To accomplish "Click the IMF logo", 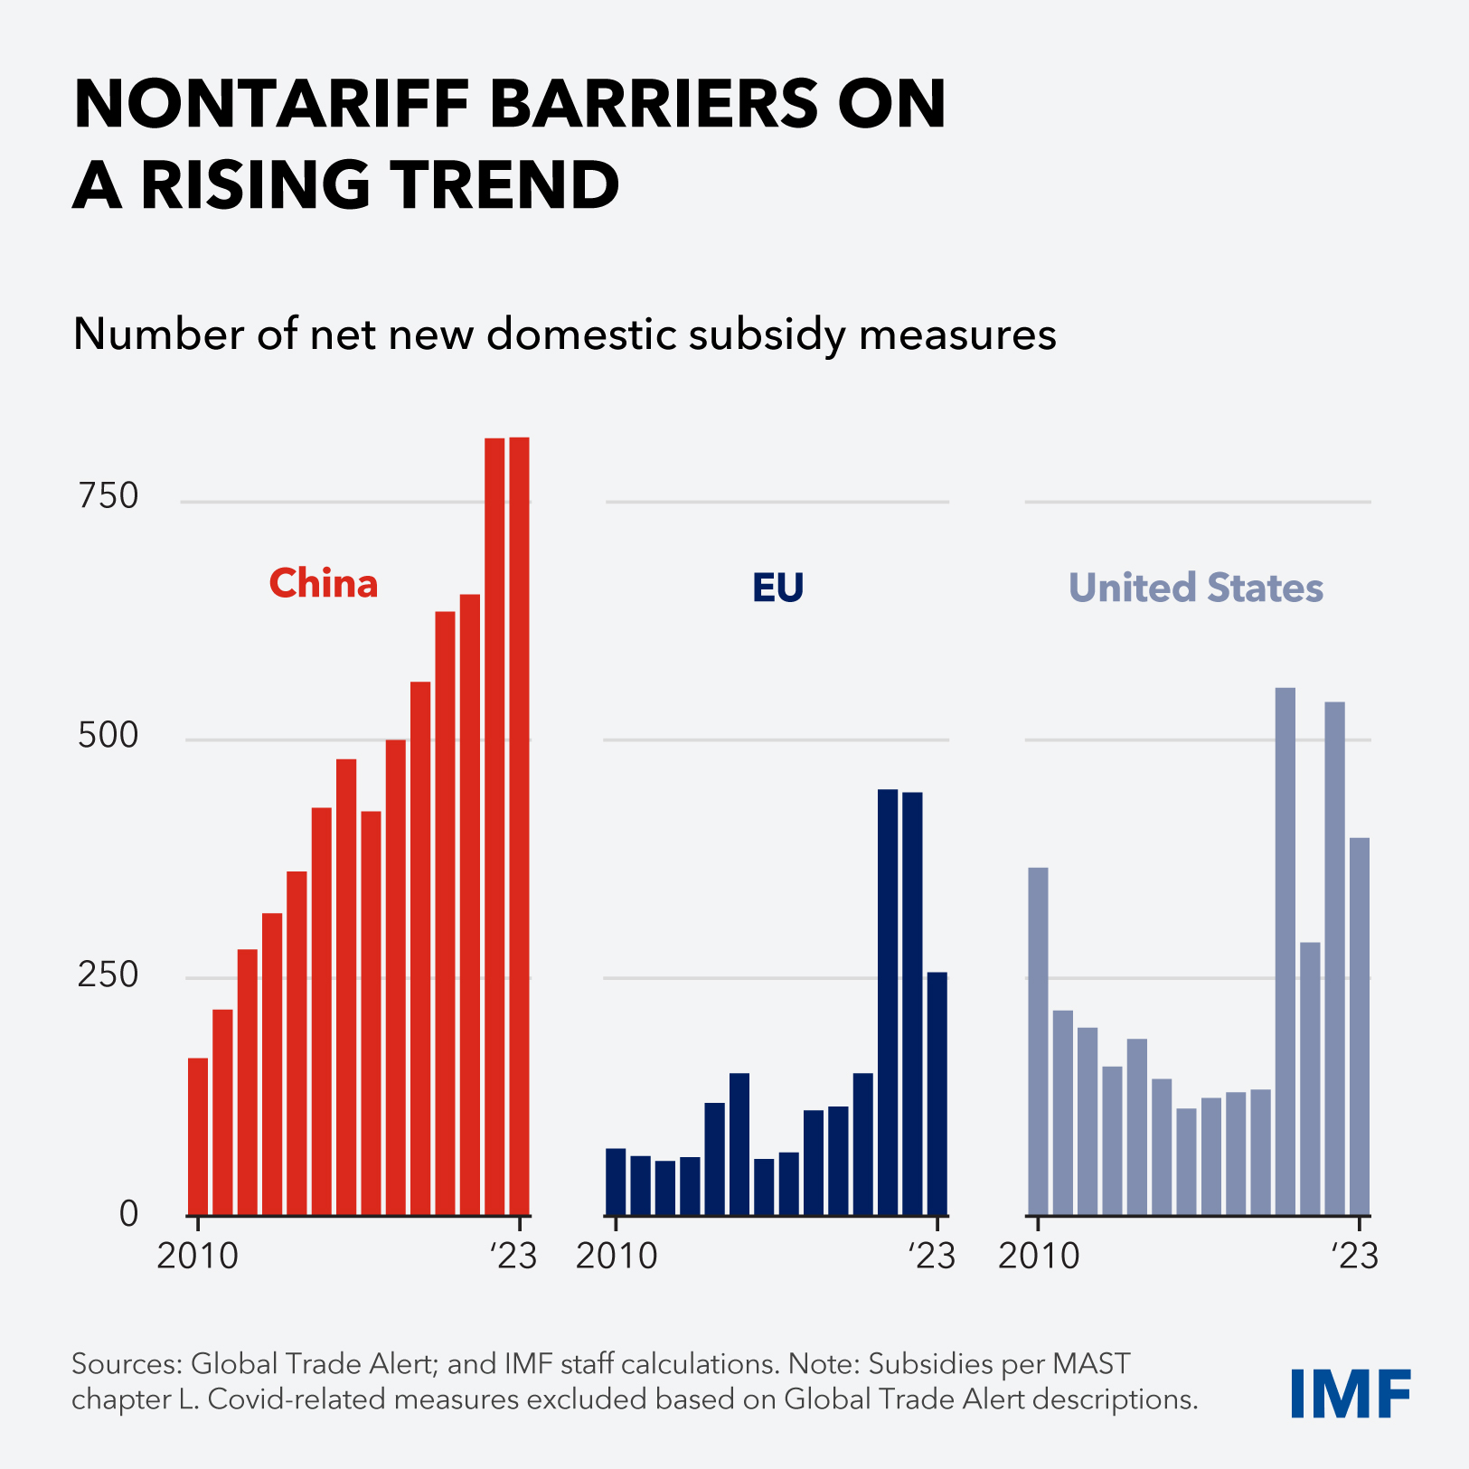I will point(1350,1393).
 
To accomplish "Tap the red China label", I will point(324,584).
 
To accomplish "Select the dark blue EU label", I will point(777,589).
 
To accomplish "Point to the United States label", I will point(1195,589).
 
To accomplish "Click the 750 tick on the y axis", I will point(108,496).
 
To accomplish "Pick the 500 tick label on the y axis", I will point(108,736).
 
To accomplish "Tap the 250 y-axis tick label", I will point(108,975).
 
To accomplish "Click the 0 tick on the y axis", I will point(129,1214).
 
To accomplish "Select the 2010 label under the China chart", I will point(197,1256).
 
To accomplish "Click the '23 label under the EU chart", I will point(931,1256).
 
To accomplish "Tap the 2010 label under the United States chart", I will point(1039,1256).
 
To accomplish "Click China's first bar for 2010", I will point(198,1136).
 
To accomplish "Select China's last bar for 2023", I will point(519,826).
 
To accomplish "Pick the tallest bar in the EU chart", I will point(888,1002).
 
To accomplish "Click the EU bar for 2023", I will point(937,1093).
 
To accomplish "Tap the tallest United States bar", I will point(1285,951).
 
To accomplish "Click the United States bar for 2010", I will point(1038,1041).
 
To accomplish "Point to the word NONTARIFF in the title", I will point(271,105).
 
